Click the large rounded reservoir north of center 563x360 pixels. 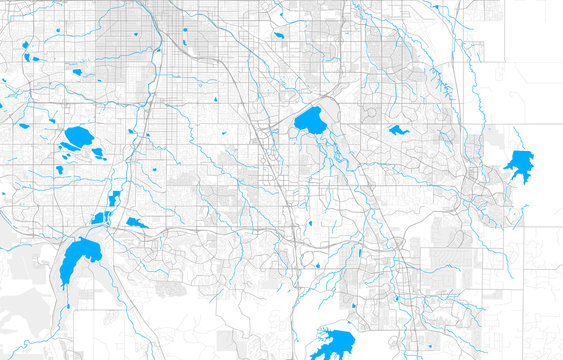click(x=311, y=121)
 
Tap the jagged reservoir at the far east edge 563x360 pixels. click(x=518, y=162)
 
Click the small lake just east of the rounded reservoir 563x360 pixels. click(x=398, y=130)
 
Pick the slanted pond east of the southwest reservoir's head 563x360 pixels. click(x=136, y=222)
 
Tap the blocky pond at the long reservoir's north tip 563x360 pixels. click(x=102, y=217)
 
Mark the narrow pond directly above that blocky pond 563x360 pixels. click(x=115, y=197)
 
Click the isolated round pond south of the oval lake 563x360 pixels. click(x=60, y=169)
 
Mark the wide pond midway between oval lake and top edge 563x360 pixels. click(x=75, y=72)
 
